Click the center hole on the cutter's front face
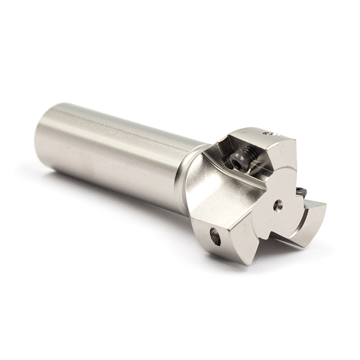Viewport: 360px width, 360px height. tap(278, 204)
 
